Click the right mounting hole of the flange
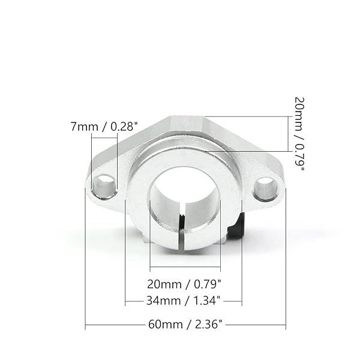coord(265,188)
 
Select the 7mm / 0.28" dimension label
coord(104,127)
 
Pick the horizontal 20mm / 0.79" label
coord(184,283)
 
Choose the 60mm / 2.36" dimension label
coord(185,325)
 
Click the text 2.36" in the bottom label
coord(208,325)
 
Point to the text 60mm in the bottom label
coord(163,325)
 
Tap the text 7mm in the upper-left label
coord(82,127)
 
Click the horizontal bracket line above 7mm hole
coord(104,135)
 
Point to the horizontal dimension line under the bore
coord(185,267)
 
